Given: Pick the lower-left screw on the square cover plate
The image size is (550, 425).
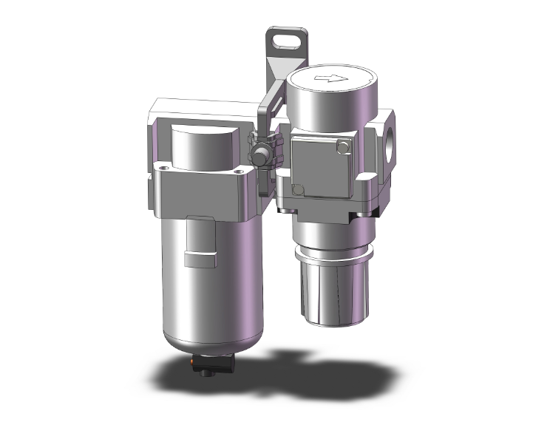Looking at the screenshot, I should [298, 191].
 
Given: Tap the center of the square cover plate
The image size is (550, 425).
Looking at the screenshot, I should [319, 171].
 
